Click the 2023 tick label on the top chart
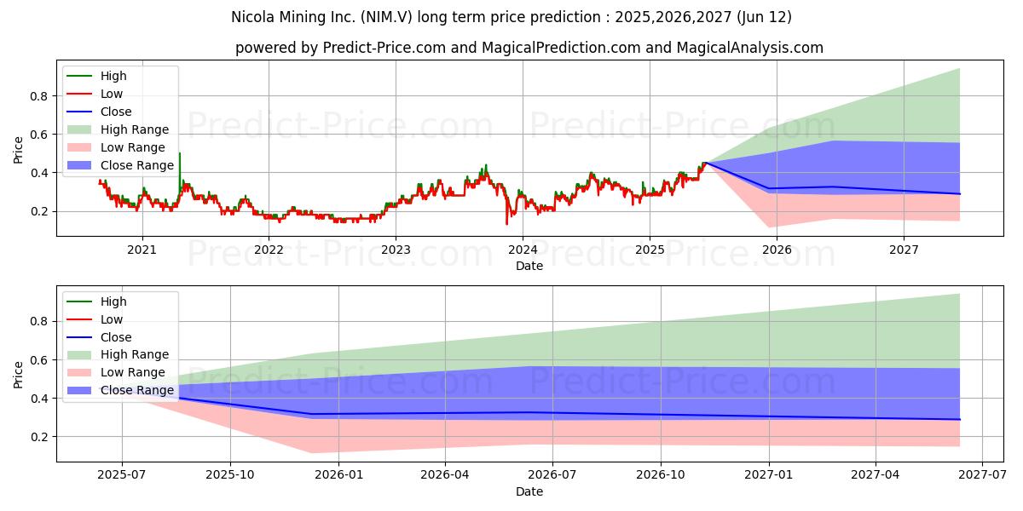396,250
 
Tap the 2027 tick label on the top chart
904,250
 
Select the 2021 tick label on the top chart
142,250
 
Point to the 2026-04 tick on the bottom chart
446,475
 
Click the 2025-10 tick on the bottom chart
229,475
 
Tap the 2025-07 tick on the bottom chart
121,475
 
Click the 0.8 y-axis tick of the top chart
38,96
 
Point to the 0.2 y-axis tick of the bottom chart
38,437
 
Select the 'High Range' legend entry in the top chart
134,129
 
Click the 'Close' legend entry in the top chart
116,112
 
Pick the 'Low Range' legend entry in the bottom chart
133,373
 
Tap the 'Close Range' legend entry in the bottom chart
136,391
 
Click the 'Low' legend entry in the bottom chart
112,319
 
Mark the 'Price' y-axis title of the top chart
18,149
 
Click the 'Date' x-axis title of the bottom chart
529,491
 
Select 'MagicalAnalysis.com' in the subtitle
750,48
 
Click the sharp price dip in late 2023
506,223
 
